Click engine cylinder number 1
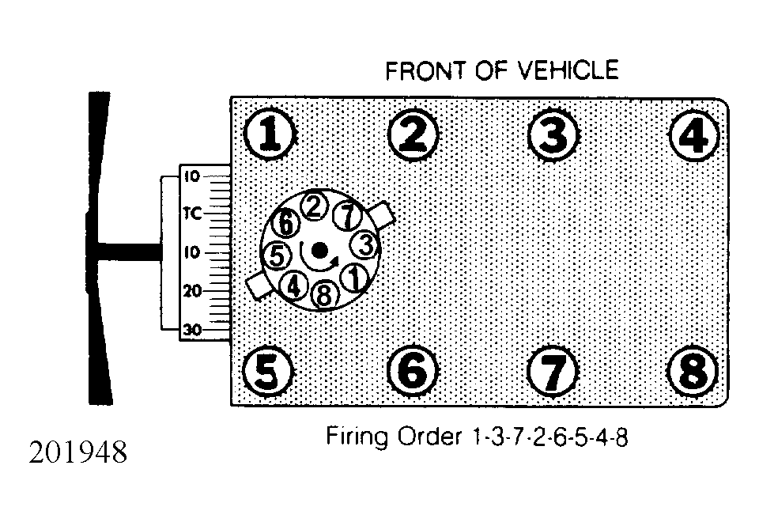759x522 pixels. pyautogui.click(x=270, y=134)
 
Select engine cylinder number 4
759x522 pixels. pyautogui.click(x=694, y=135)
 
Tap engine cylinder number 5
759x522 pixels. pyautogui.click(x=267, y=372)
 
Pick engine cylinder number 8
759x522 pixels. pyautogui.click(x=693, y=372)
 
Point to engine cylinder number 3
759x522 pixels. pyautogui.click(x=553, y=134)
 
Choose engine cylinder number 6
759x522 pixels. pyautogui.click(x=413, y=372)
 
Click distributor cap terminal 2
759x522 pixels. pyautogui.click(x=314, y=206)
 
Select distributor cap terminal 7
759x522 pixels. pyautogui.click(x=348, y=216)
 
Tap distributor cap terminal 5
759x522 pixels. pyautogui.click(x=277, y=255)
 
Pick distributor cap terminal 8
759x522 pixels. pyautogui.click(x=324, y=294)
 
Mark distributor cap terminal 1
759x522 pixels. pyautogui.click(x=354, y=278)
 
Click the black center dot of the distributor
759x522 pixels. pyautogui.click(x=319, y=251)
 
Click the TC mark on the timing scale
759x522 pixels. pyautogui.click(x=192, y=213)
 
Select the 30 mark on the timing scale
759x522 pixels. pyautogui.click(x=192, y=331)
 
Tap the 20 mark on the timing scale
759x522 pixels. pyautogui.click(x=192, y=291)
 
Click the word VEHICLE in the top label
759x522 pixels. pyautogui.click(x=568, y=70)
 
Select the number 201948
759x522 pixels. pyautogui.click(x=78, y=452)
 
